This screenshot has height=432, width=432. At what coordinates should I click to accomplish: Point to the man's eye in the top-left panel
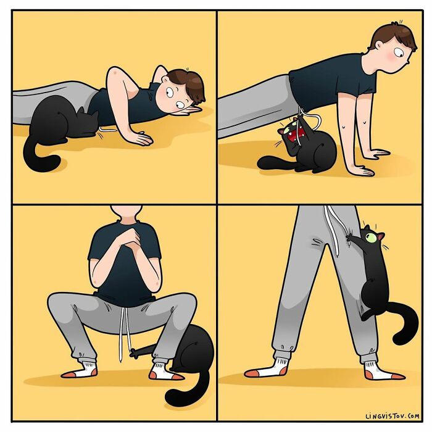169,92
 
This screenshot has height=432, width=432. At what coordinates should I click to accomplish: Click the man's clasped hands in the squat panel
129,236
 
